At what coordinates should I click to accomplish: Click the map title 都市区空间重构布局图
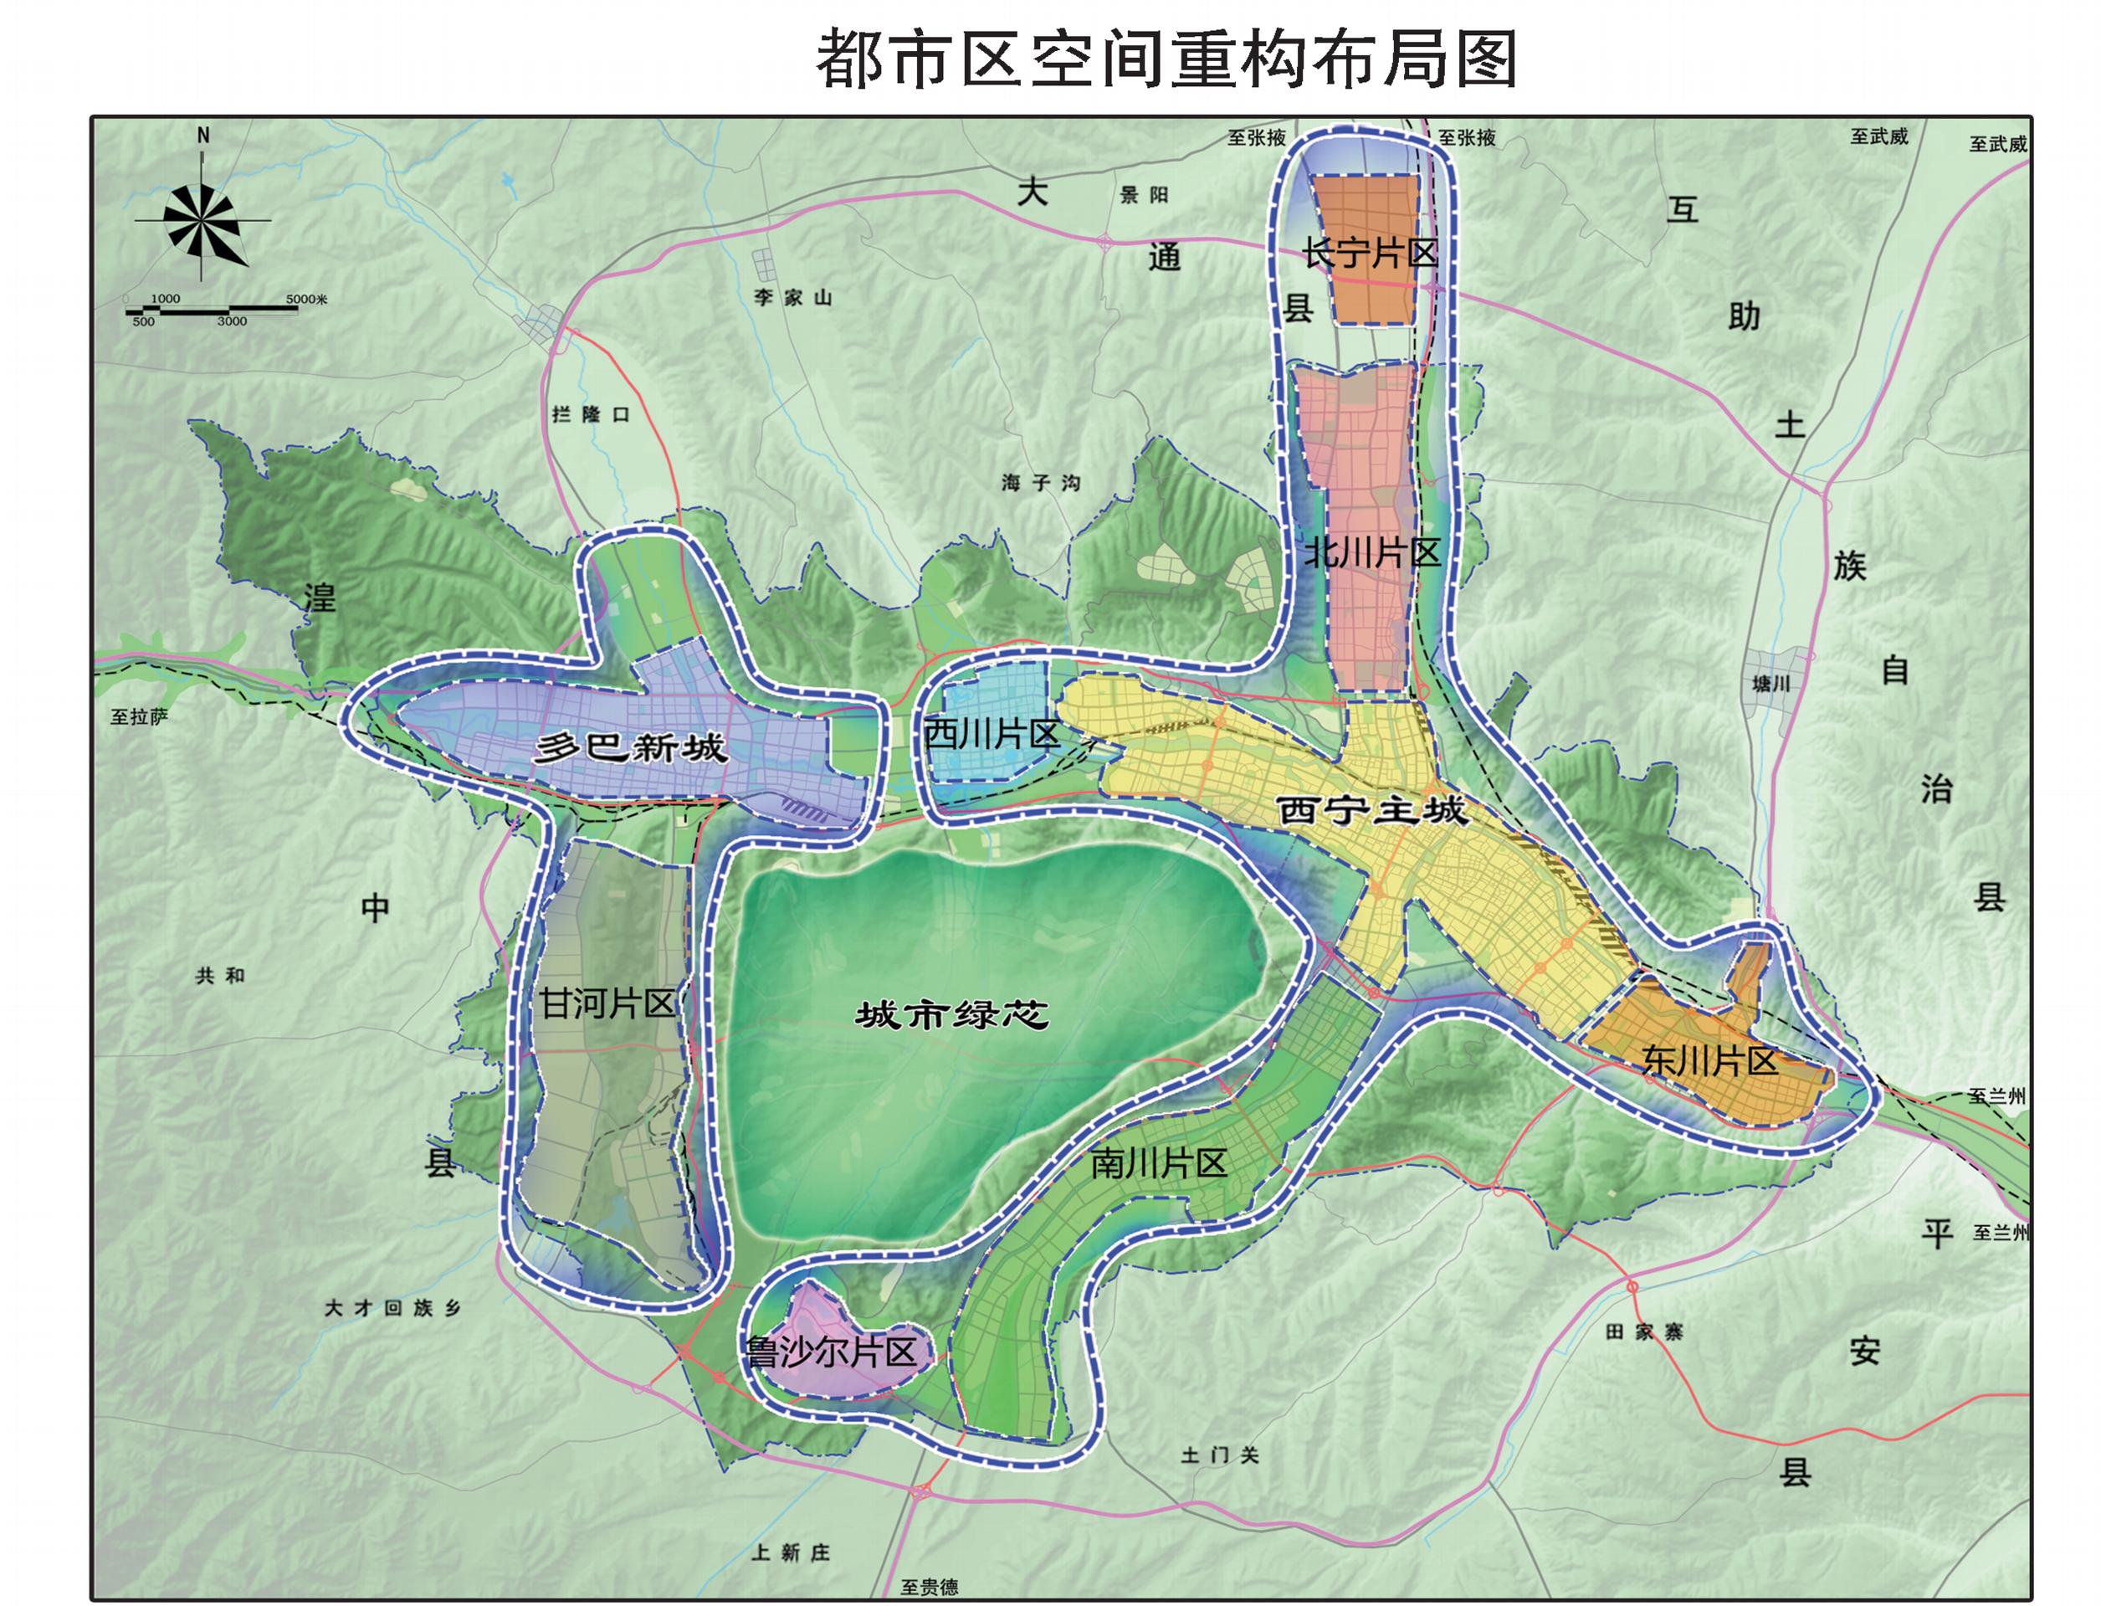click(1166, 59)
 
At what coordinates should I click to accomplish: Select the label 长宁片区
click(1369, 254)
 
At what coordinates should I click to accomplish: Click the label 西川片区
click(992, 734)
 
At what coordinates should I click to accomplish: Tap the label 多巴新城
click(631, 747)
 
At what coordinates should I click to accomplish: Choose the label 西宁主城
click(1371, 811)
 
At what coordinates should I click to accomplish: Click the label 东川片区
click(1709, 1061)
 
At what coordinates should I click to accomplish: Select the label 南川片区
click(1159, 1163)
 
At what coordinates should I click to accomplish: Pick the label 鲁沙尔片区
click(831, 1352)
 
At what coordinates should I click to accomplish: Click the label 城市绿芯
click(951, 1014)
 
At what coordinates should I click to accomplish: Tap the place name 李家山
click(792, 297)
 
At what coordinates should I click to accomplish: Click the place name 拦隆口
click(591, 414)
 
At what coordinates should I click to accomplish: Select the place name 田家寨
click(1643, 1331)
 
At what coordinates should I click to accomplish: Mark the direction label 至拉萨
click(139, 717)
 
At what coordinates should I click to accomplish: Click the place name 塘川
click(1770, 684)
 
